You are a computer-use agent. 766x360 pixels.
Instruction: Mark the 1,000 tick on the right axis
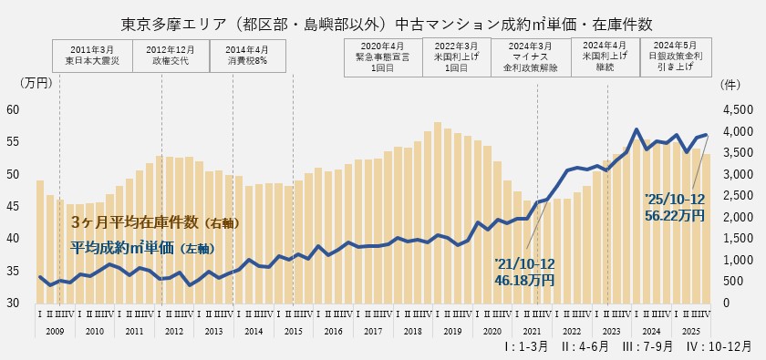click(734, 260)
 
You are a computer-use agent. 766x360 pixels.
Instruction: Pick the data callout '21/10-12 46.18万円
click(523, 272)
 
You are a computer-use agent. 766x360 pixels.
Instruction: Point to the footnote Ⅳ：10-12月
click(720, 348)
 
